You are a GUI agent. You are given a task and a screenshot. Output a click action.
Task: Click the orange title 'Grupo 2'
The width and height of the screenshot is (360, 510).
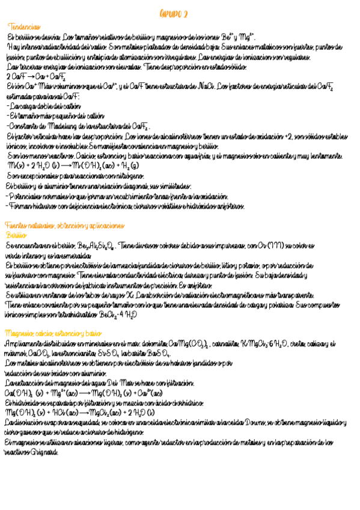174,13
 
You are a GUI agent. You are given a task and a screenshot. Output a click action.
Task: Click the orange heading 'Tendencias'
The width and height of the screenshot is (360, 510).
25,27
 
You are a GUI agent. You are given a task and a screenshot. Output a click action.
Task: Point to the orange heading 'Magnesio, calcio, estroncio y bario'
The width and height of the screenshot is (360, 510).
53,333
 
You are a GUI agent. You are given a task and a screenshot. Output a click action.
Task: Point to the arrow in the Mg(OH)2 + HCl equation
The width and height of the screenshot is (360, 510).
83,413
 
